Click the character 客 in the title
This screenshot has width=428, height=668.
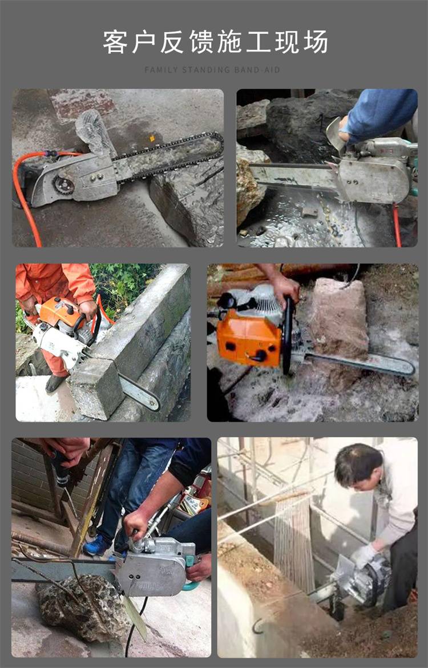click(x=115, y=42)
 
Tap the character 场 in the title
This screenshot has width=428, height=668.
click(x=316, y=42)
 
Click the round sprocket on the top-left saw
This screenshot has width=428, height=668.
click(x=63, y=185)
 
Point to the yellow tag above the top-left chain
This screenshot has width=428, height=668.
click(x=151, y=138)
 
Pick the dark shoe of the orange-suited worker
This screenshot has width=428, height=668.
click(x=54, y=382)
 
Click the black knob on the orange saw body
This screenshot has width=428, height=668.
click(x=260, y=356)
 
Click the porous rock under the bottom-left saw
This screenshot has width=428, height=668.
click(x=83, y=607)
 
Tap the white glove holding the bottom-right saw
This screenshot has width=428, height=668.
click(x=363, y=555)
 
